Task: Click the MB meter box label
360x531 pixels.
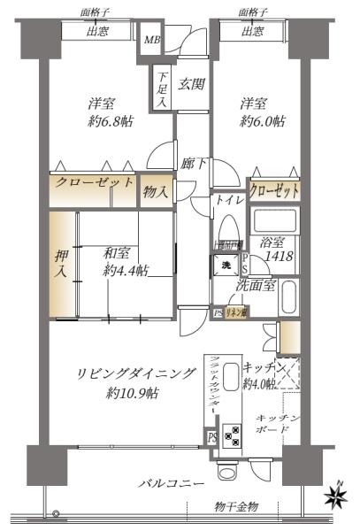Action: coord(152,39)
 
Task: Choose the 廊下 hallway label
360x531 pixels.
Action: coord(195,164)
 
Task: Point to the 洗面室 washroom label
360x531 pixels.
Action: coord(257,285)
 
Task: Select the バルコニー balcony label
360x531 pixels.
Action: coord(172,484)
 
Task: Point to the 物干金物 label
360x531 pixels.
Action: coord(236,505)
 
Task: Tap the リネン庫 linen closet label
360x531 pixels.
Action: coord(235,312)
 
